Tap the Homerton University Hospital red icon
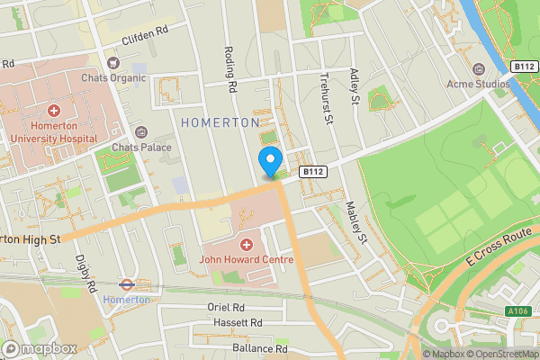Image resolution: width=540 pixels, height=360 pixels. [x=54, y=111]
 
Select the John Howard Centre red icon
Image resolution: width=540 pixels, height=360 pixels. [x=247, y=245]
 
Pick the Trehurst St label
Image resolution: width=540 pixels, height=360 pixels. [x=327, y=99]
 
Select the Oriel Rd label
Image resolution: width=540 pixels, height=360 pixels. [x=229, y=307]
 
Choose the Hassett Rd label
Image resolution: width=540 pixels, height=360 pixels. [x=238, y=322]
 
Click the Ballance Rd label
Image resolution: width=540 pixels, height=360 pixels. [x=259, y=348]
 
